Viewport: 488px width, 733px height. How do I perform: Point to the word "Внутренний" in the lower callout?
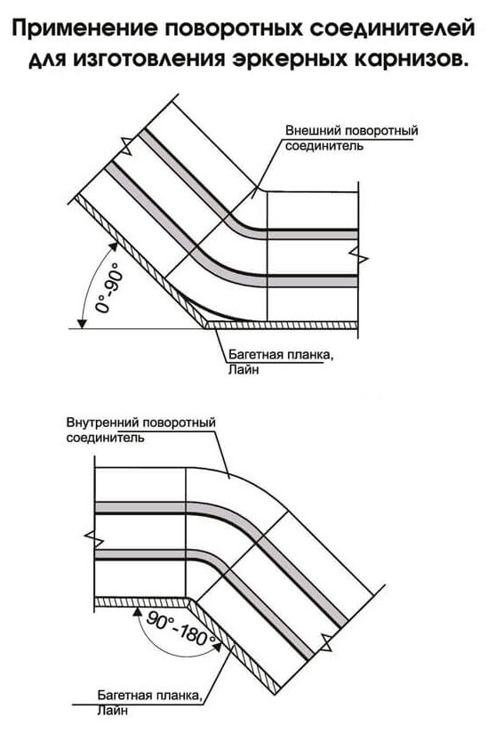coord(103,423)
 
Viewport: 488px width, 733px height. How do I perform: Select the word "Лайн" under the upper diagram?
coord(244,370)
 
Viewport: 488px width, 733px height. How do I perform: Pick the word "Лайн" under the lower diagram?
coord(113,712)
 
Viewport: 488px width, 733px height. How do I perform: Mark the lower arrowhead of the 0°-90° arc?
coord(83,323)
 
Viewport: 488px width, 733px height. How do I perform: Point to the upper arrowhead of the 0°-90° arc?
coord(113,245)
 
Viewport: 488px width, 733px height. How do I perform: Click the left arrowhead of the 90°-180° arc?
coord(137,611)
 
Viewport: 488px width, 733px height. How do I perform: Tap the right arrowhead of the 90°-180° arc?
coord(217,646)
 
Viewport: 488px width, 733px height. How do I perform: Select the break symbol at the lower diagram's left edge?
coord(94,538)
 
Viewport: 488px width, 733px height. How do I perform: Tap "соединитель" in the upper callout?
coord(324,146)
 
